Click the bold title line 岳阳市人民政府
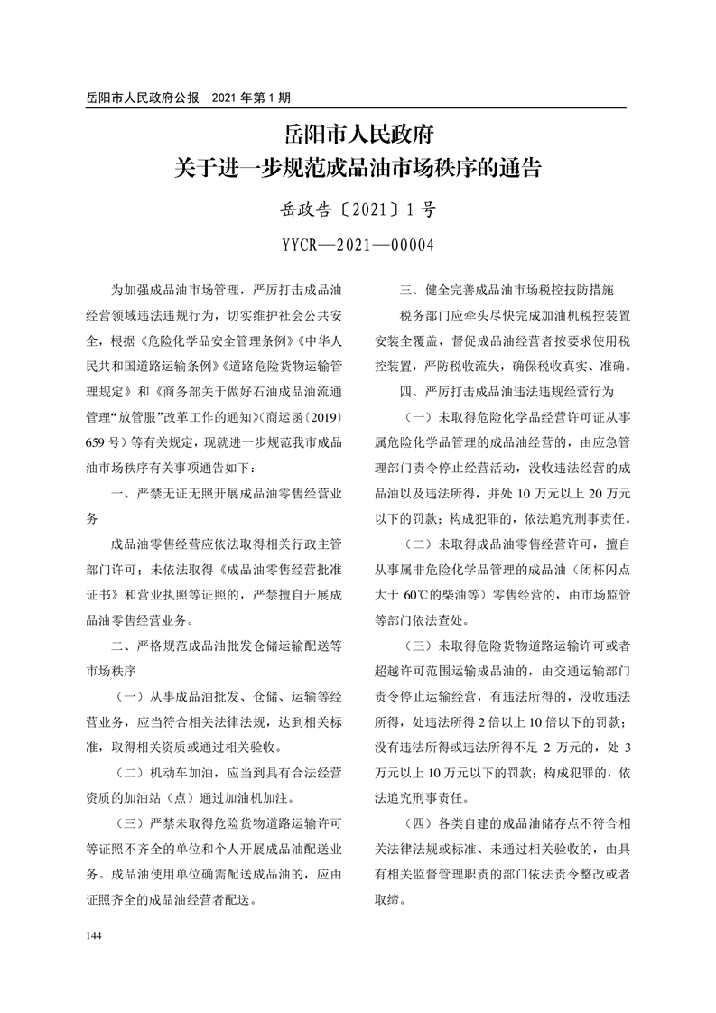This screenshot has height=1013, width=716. click(x=358, y=135)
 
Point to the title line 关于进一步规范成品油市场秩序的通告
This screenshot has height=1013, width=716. click(x=358, y=168)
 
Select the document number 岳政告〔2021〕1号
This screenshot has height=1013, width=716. click(x=358, y=210)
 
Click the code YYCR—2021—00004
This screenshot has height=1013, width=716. click(x=358, y=245)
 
